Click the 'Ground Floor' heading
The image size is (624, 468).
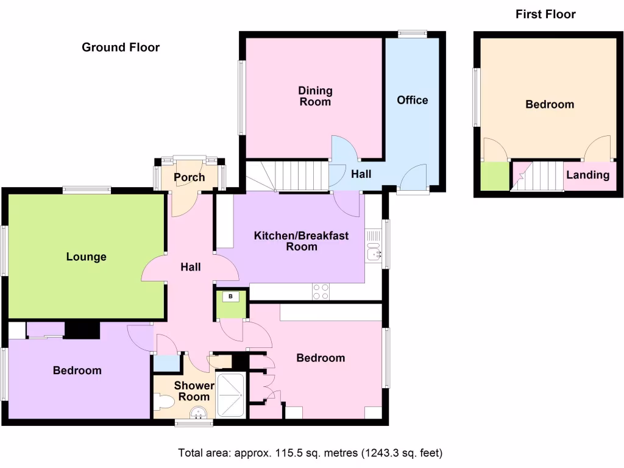(121, 48)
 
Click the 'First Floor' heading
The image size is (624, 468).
(545, 14)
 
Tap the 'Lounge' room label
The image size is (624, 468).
(86, 257)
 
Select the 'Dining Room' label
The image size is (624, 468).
(315, 96)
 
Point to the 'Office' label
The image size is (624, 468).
(413, 100)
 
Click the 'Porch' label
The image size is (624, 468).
(189, 177)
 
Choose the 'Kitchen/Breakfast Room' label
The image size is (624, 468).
(301, 241)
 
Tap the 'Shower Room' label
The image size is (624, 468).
(194, 391)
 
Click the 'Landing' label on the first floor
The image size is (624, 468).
(587, 175)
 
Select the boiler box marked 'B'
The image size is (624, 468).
(231, 297)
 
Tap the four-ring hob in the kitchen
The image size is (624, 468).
(321, 292)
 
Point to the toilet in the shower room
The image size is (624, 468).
(163, 402)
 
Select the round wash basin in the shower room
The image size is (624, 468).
(197, 415)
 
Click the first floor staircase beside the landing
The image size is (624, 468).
(537, 175)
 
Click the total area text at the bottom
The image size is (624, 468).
(310, 453)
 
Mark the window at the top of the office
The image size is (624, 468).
(413, 34)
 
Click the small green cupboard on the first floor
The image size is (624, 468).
(494, 176)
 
